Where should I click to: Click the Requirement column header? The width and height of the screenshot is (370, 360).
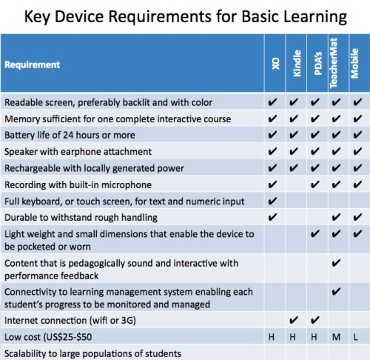click(32, 64)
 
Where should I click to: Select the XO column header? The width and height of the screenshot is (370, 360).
click(275, 64)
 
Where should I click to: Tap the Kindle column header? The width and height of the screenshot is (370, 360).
click(297, 64)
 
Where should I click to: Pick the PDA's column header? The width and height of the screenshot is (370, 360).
click(318, 63)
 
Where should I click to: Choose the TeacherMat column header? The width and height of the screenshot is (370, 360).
click(333, 63)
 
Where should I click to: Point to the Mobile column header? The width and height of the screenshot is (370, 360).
click(354, 64)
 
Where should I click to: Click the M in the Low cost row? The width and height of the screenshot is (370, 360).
click(336, 337)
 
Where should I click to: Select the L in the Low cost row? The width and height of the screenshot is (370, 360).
click(355, 337)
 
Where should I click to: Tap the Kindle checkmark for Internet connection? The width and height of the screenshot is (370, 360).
click(294, 320)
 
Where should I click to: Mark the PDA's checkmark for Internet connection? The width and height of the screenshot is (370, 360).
click(314, 320)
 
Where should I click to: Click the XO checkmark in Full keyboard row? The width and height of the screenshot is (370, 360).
click(272, 201)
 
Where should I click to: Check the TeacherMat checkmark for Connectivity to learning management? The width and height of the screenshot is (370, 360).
click(336, 291)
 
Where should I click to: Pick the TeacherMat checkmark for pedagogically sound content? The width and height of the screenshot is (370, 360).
click(336, 263)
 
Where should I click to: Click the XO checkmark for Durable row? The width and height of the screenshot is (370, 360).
click(272, 217)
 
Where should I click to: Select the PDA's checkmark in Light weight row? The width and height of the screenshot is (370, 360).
click(314, 233)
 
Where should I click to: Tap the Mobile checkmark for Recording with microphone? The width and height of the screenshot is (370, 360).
click(357, 184)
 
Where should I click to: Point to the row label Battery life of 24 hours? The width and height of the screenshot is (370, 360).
click(70, 135)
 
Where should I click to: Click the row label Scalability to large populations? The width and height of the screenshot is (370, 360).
click(92, 353)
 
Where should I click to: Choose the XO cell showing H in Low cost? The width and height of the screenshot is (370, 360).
click(272, 337)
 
